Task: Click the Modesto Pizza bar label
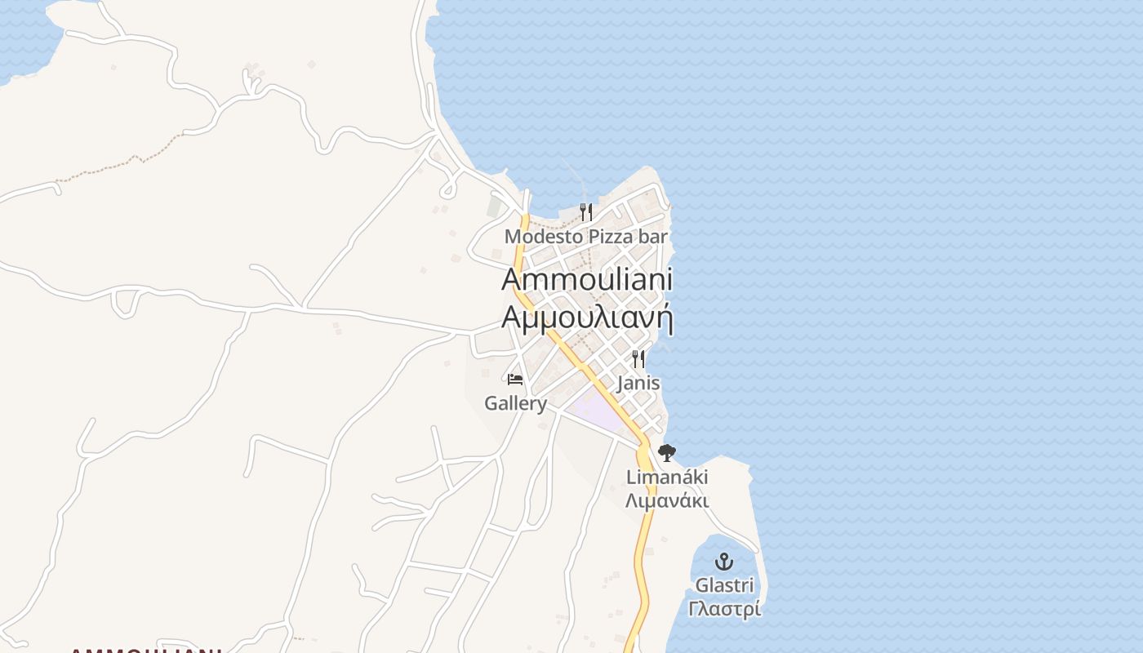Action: (x=585, y=237)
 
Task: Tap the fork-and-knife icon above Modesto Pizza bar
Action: (x=585, y=212)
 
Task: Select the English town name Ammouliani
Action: (x=586, y=279)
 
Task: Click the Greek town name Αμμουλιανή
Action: (x=586, y=317)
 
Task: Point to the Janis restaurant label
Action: (x=638, y=383)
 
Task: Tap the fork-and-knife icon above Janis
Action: (x=638, y=358)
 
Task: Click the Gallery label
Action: (x=515, y=403)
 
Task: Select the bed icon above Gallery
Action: (x=515, y=380)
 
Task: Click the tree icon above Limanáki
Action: (x=667, y=453)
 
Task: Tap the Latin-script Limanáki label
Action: (x=667, y=478)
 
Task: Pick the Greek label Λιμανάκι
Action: (x=667, y=500)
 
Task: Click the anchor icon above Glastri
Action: (x=724, y=562)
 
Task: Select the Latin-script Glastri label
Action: (x=724, y=585)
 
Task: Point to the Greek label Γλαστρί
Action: (x=724, y=609)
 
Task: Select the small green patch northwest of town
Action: (x=495, y=207)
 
